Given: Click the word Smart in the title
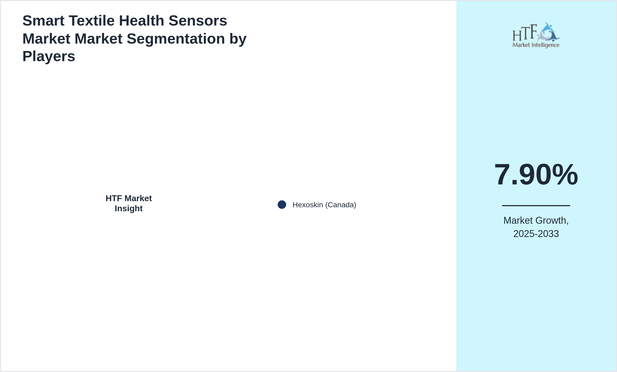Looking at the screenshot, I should [43, 21].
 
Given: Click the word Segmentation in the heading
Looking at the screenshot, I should [176, 39].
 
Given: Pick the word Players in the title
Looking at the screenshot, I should [49, 56].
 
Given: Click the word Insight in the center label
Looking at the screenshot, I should [129, 209].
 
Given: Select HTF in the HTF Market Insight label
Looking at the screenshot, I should [114, 198].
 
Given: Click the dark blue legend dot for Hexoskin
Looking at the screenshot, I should [282, 205].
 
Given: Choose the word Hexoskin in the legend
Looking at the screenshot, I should [308, 205].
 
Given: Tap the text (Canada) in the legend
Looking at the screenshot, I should [341, 205].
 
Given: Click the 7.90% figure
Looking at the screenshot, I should [536, 175].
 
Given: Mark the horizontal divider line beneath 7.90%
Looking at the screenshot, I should [536, 205].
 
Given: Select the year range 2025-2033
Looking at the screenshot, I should [536, 234].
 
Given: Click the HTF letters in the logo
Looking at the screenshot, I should [525, 33].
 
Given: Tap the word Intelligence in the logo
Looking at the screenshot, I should [545, 45].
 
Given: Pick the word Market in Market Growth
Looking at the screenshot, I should [518, 221].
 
